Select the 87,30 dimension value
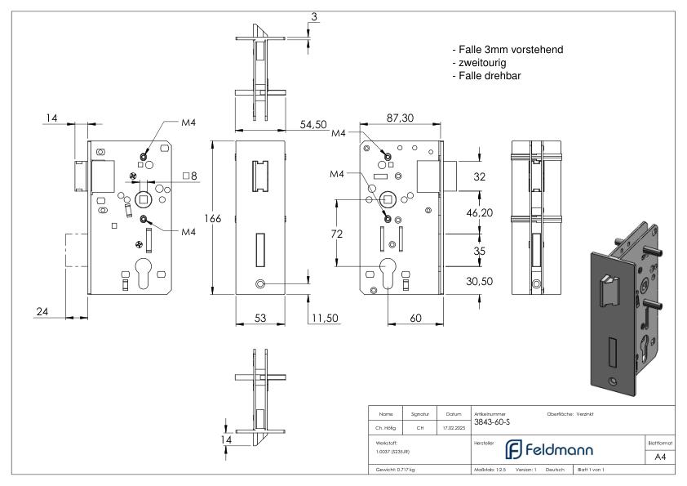click(x=400, y=118)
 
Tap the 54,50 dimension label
click(x=313, y=124)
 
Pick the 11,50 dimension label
click(x=324, y=317)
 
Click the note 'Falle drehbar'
click(x=486, y=76)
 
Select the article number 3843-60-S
click(x=493, y=422)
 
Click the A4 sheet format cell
click(x=663, y=457)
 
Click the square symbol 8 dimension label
click(x=190, y=176)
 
